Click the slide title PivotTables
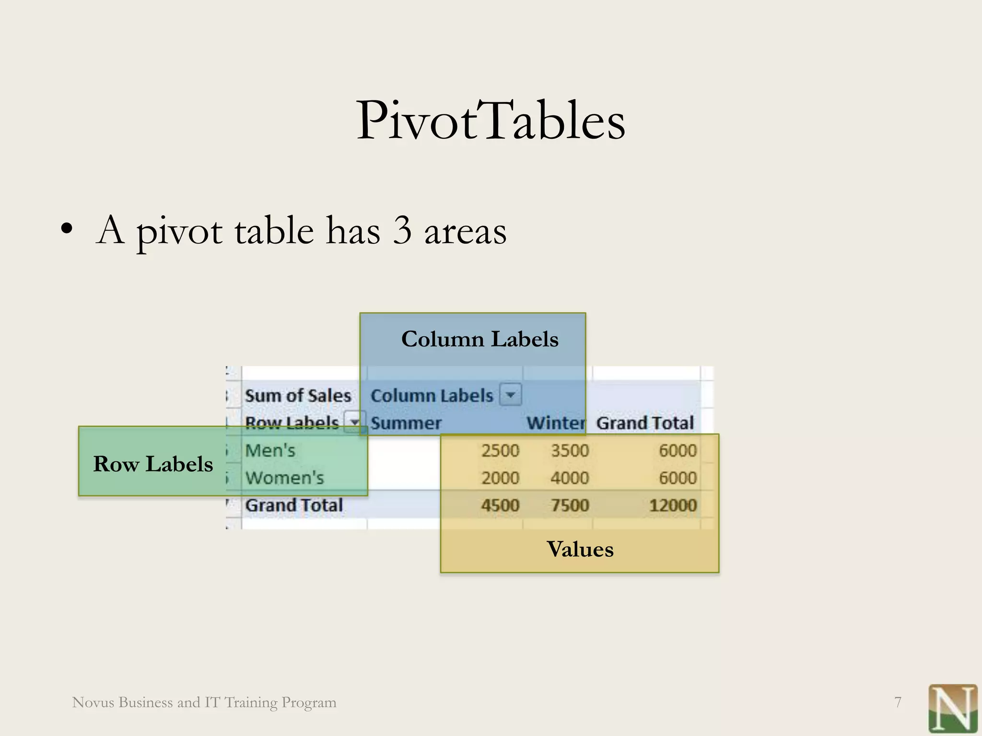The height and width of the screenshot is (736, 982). click(x=491, y=121)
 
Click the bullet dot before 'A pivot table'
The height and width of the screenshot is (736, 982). click(x=67, y=229)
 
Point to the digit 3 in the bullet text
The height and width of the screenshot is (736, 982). click(x=402, y=231)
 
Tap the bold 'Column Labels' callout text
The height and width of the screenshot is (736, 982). click(x=479, y=339)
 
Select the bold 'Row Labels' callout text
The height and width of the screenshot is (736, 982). click(x=153, y=464)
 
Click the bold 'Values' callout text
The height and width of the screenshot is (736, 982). click(x=580, y=549)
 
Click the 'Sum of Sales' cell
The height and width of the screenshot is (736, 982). click(x=298, y=396)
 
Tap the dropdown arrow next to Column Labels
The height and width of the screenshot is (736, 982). click(x=510, y=395)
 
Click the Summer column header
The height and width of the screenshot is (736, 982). click(x=406, y=423)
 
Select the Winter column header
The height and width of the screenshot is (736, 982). click(x=556, y=423)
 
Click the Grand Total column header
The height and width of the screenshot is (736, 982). click(x=644, y=423)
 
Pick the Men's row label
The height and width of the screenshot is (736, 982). click(x=270, y=450)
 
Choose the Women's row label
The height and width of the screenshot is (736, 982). click(x=284, y=478)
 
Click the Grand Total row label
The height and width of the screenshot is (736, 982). click(x=294, y=505)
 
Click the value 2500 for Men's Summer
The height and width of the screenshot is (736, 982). click(x=500, y=450)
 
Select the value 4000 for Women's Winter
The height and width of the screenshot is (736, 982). click(x=569, y=478)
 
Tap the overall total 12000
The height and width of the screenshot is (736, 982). click(x=672, y=505)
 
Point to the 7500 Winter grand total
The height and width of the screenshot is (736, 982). click(x=569, y=505)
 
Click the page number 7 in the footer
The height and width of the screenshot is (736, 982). click(x=898, y=702)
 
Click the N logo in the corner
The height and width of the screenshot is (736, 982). click(x=952, y=708)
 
